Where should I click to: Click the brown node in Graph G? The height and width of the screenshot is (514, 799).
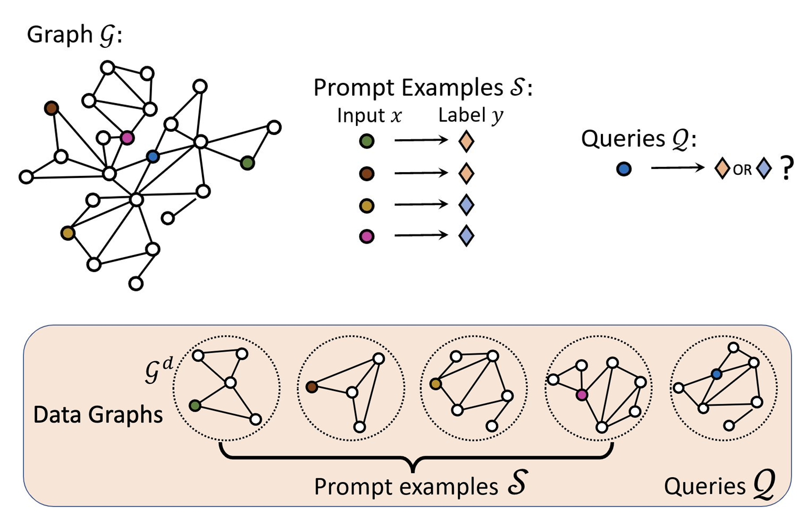[x=51, y=109]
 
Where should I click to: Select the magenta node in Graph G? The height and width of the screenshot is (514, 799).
[x=127, y=138]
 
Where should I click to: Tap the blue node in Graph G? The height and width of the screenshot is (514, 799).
[x=153, y=156]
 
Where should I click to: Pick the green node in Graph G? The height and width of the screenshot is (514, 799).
[x=247, y=163]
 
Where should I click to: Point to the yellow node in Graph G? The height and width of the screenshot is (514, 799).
[x=68, y=233]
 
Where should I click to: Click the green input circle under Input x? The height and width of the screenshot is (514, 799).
[x=367, y=141]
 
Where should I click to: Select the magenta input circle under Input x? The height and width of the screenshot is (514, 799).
[x=367, y=236]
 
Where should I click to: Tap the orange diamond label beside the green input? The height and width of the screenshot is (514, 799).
[x=466, y=141]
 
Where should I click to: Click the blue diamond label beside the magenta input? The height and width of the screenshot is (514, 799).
[x=466, y=236]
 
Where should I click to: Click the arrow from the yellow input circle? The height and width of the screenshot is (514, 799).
[x=421, y=204]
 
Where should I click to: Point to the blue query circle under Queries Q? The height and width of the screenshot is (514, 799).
[x=624, y=169]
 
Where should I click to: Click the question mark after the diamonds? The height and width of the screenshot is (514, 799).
[x=786, y=170]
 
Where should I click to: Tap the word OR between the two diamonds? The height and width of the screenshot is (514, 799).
[x=742, y=170]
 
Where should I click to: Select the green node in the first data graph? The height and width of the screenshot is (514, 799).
[x=195, y=405]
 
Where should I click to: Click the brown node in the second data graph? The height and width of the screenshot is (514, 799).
[x=312, y=387]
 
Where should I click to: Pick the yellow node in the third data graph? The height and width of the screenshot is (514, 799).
[x=435, y=384]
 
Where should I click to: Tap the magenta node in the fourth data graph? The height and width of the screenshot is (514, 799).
[x=581, y=394]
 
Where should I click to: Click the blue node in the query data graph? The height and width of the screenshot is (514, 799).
[x=717, y=374]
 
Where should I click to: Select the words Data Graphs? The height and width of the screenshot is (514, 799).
[x=98, y=415]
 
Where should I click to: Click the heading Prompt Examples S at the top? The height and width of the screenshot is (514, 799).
[x=423, y=88]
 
